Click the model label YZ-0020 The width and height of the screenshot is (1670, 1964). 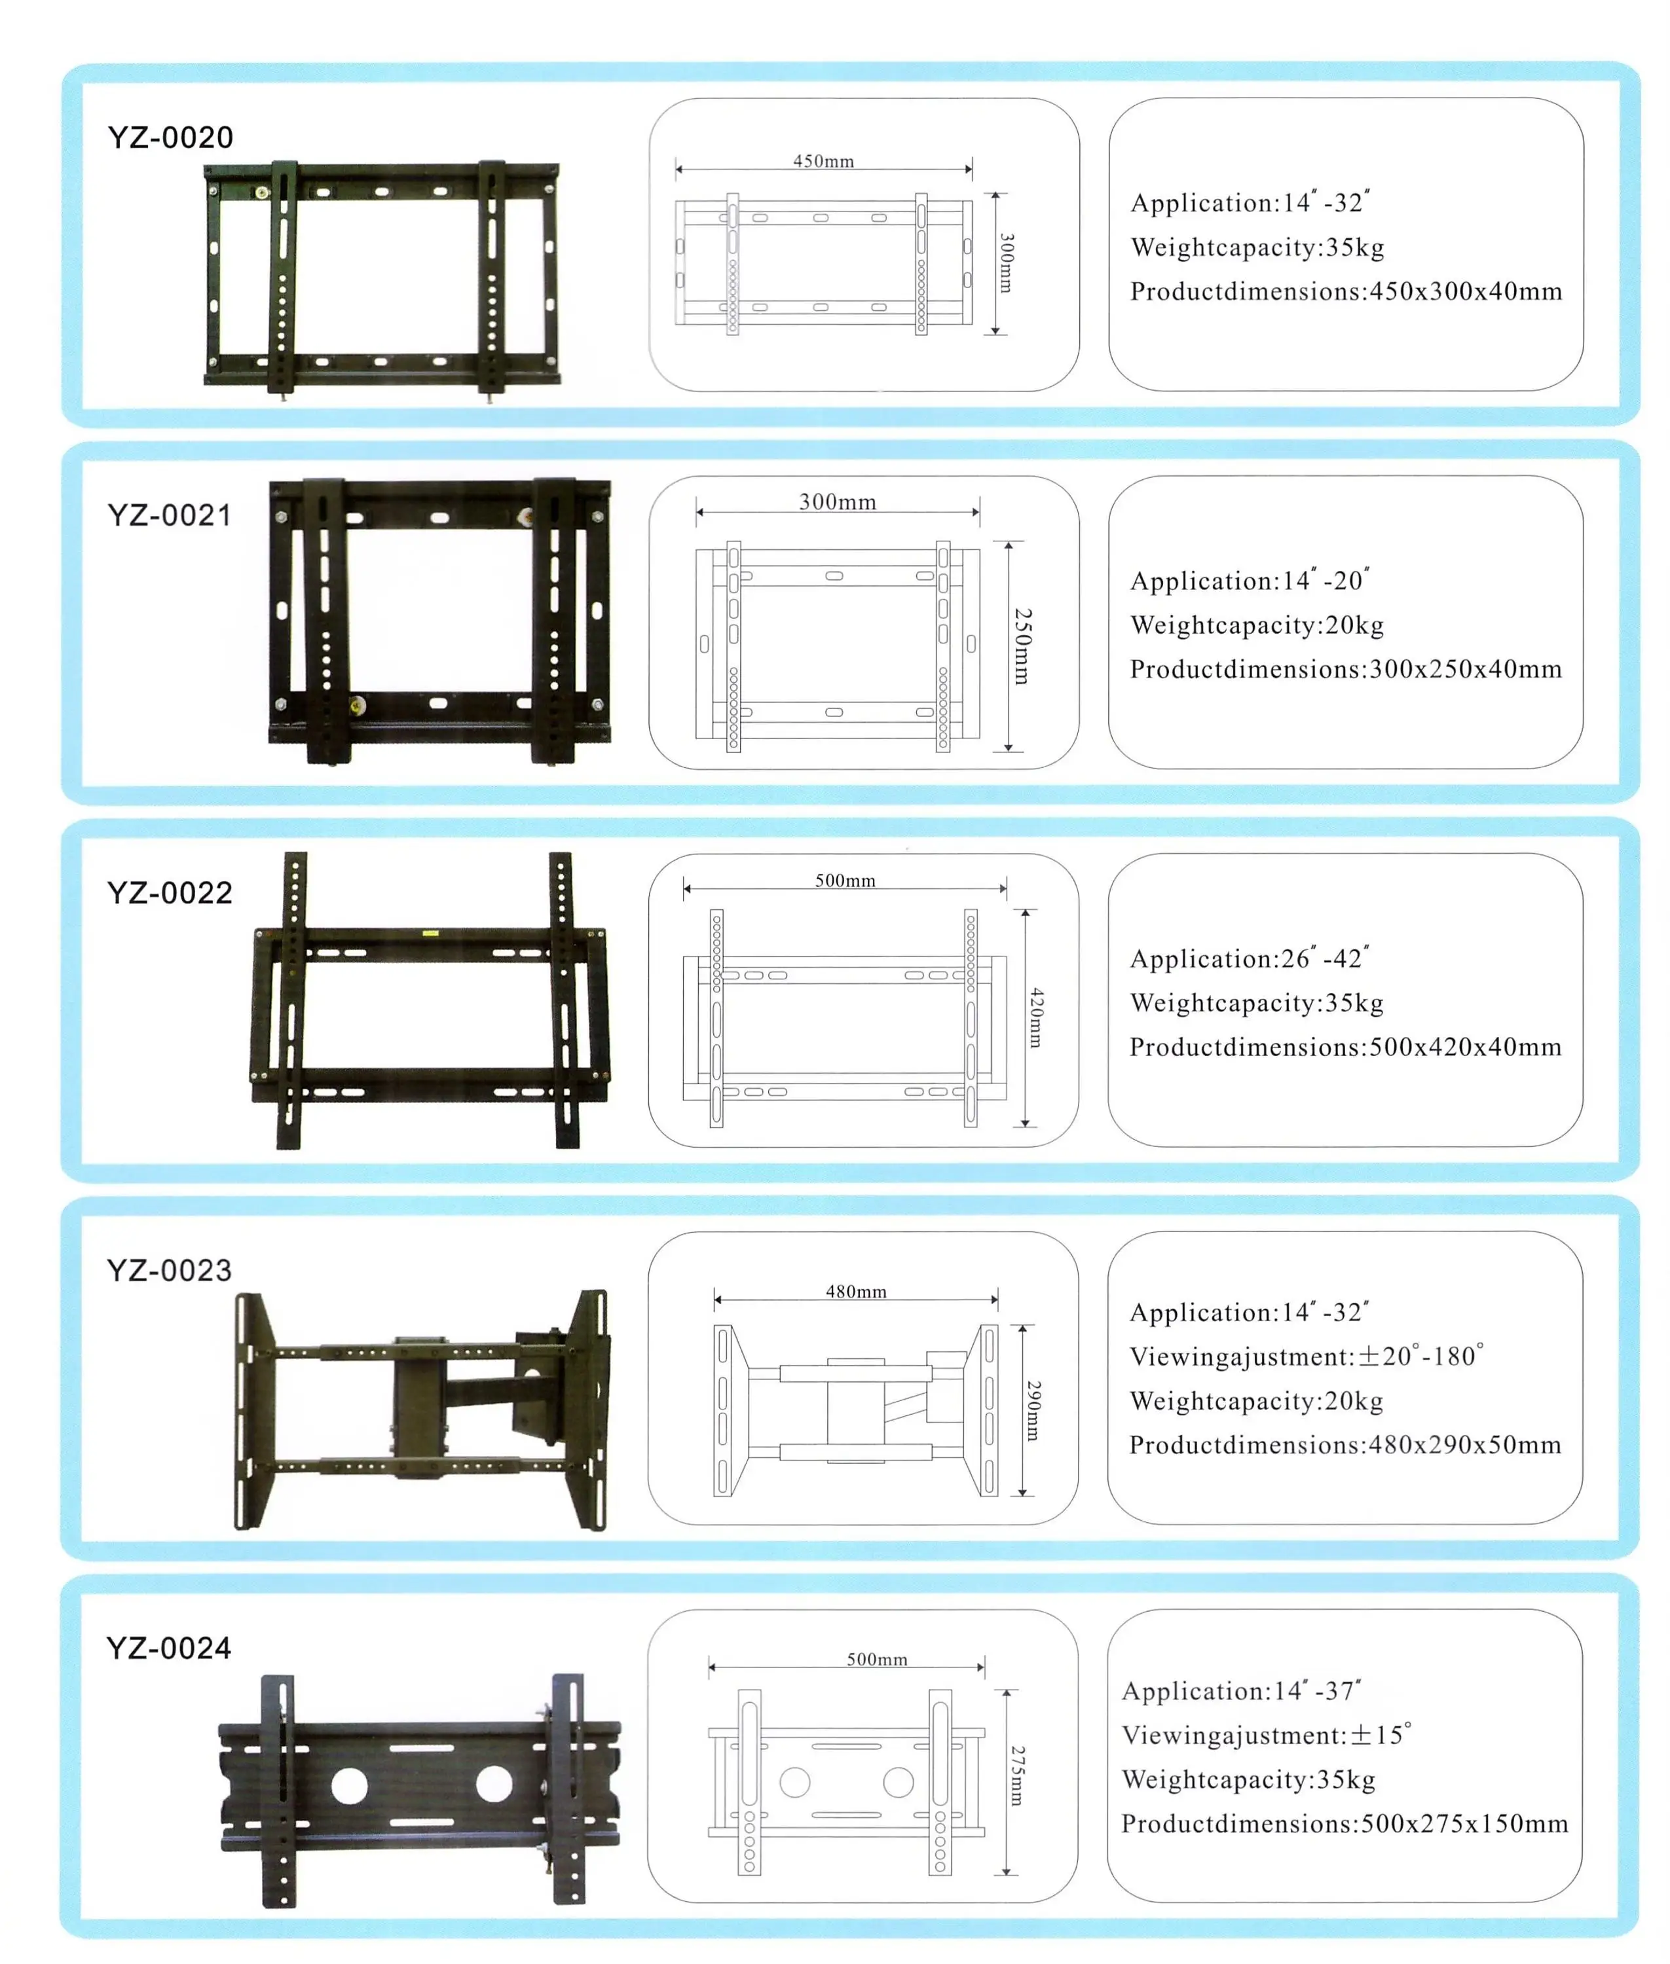(x=170, y=137)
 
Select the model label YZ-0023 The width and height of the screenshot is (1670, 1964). (x=170, y=1270)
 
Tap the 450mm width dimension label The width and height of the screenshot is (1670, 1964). (x=823, y=161)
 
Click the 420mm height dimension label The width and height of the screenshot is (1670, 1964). (x=1037, y=1017)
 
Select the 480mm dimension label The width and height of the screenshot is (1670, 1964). (x=856, y=1291)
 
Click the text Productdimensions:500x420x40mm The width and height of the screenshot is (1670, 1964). (x=1345, y=1047)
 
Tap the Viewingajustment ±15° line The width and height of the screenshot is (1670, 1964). (x=1266, y=1735)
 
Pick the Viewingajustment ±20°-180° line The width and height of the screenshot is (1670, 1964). (x=1307, y=1356)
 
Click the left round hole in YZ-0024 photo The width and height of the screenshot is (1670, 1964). (x=349, y=1785)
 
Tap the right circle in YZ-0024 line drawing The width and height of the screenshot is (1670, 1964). (x=897, y=1782)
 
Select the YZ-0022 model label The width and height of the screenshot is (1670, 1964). (x=170, y=892)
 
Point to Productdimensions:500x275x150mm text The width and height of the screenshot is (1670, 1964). (x=1345, y=1823)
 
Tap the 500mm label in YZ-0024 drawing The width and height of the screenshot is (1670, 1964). (x=877, y=1659)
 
